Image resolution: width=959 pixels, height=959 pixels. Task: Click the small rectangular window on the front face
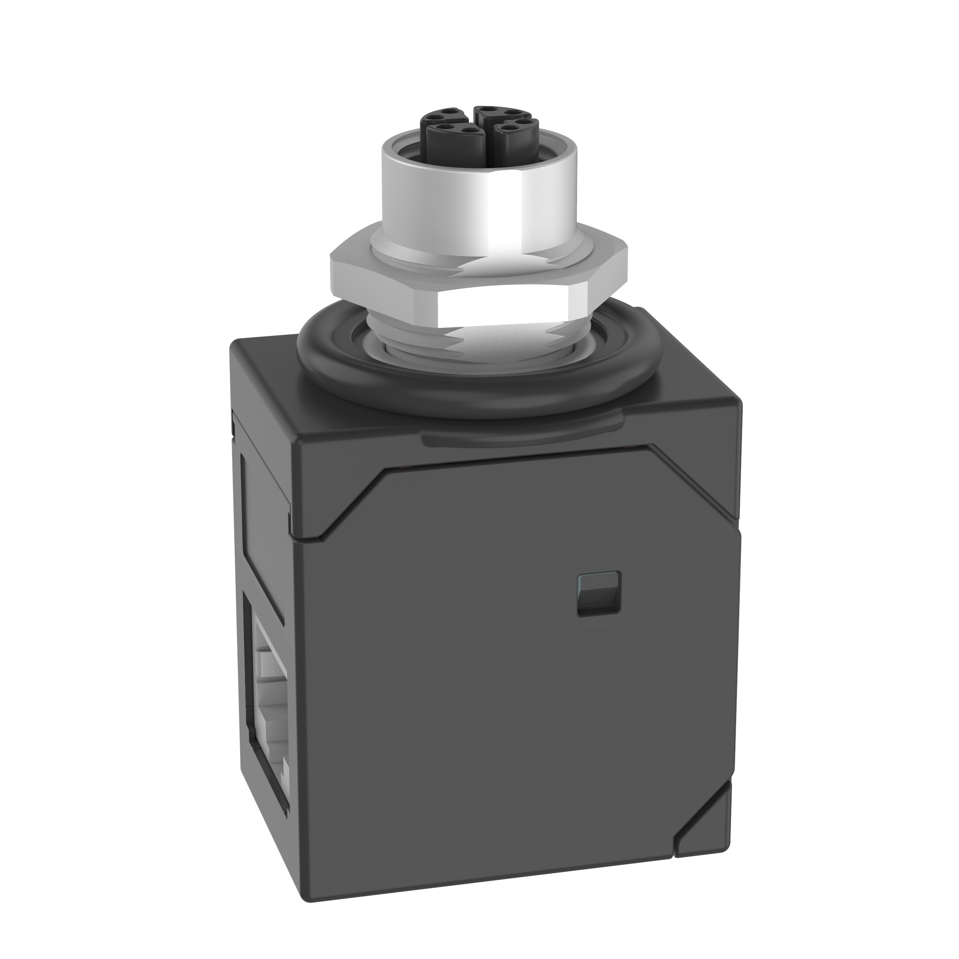(x=599, y=594)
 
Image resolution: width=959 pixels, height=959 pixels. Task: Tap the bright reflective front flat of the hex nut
(x=501, y=308)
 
